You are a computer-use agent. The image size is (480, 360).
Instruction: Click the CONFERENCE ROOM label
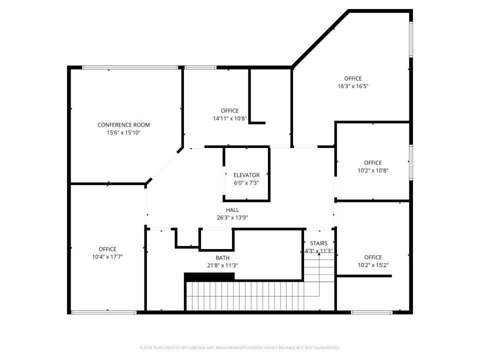(x=123, y=125)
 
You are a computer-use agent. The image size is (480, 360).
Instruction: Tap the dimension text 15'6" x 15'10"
(x=123, y=132)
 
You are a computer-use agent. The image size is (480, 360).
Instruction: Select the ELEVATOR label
(x=246, y=175)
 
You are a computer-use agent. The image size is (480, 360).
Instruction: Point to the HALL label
(x=232, y=210)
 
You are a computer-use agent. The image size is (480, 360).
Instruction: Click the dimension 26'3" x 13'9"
(x=232, y=217)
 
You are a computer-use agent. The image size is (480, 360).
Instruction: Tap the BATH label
(x=222, y=258)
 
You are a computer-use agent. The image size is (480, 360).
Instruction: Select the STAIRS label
(x=318, y=243)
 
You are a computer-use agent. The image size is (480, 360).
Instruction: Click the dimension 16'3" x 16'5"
(x=353, y=86)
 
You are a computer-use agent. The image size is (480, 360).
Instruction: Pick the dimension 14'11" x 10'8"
(x=229, y=118)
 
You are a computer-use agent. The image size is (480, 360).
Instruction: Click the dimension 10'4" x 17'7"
(x=107, y=256)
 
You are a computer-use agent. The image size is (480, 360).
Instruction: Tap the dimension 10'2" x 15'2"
(x=373, y=265)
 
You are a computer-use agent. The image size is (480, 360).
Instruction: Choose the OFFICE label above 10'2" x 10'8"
(x=373, y=162)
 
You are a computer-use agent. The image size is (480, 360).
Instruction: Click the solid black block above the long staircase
(x=209, y=276)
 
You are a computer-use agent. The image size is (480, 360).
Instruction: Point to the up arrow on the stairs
(x=319, y=255)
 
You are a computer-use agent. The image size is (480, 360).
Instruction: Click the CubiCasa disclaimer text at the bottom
(x=240, y=347)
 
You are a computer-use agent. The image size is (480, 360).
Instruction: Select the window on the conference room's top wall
(x=129, y=67)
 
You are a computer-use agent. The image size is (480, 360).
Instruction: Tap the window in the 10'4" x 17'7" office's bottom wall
(x=103, y=312)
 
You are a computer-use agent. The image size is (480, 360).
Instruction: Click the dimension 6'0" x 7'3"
(x=246, y=182)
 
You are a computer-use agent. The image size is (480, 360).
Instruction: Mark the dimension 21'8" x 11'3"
(x=222, y=265)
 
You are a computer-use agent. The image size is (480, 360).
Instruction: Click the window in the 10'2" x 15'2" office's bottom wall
(x=371, y=312)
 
